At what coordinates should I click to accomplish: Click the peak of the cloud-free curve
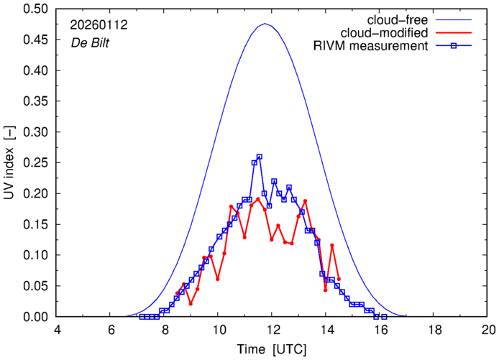pos(265,24)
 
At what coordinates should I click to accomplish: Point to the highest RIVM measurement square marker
pos(260,157)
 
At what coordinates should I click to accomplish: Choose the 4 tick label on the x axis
pos(57,331)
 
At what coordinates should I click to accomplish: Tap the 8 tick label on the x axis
pos(165,331)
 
